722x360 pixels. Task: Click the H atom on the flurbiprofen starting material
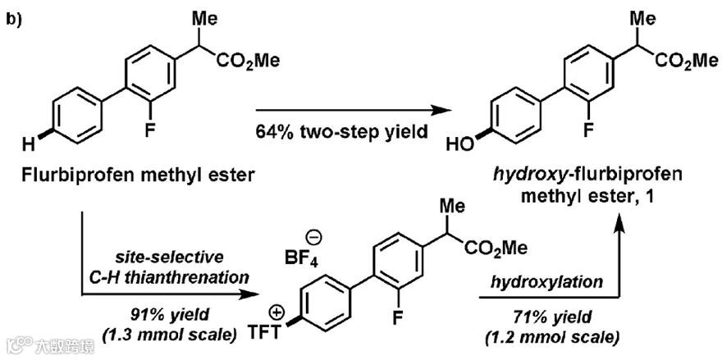click(x=28, y=146)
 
